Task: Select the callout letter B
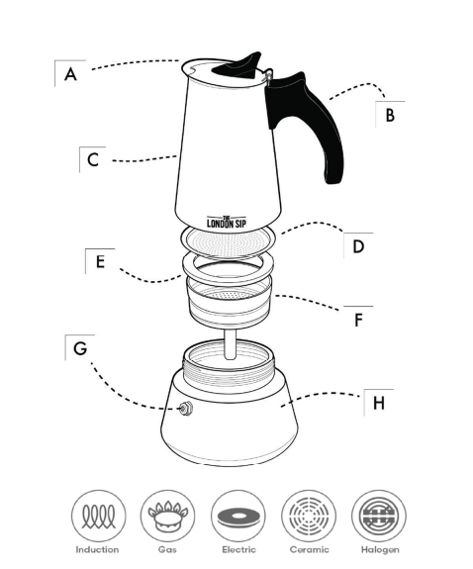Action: pos(390,115)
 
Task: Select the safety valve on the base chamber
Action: pos(184,410)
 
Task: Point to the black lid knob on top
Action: pos(242,64)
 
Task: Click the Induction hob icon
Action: pos(96,517)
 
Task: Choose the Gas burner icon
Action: pos(166,517)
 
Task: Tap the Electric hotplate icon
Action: pos(237,517)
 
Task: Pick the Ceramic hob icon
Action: pos(309,517)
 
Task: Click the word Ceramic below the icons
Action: pos(309,549)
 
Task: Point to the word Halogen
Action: pos(380,549)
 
